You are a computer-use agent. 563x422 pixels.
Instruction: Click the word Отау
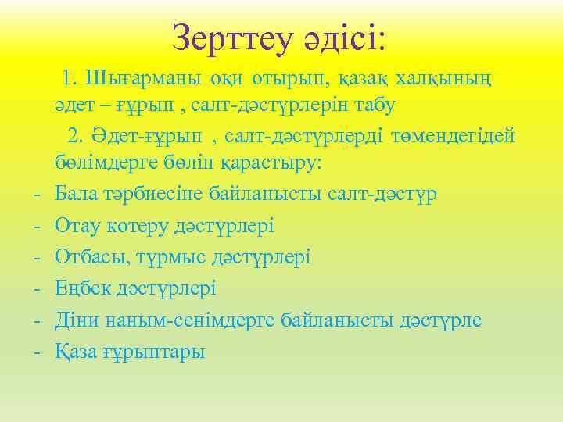pyautogui.click(x=77, y=225)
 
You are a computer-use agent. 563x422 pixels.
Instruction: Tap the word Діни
pyautogui.click(x=78, y=320)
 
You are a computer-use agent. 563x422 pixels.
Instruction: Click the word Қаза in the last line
pyautogui.click(x=77, y=352)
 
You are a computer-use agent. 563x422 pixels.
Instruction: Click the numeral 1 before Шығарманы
pyautogui.click(x=70, y=78)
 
